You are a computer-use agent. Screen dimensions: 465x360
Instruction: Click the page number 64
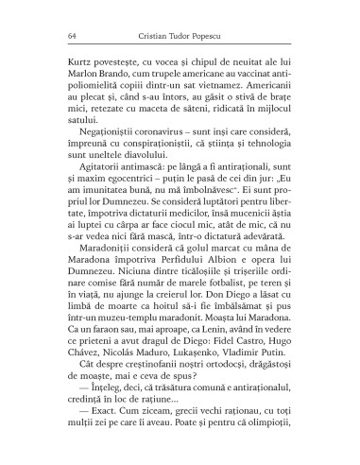[60, 34]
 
